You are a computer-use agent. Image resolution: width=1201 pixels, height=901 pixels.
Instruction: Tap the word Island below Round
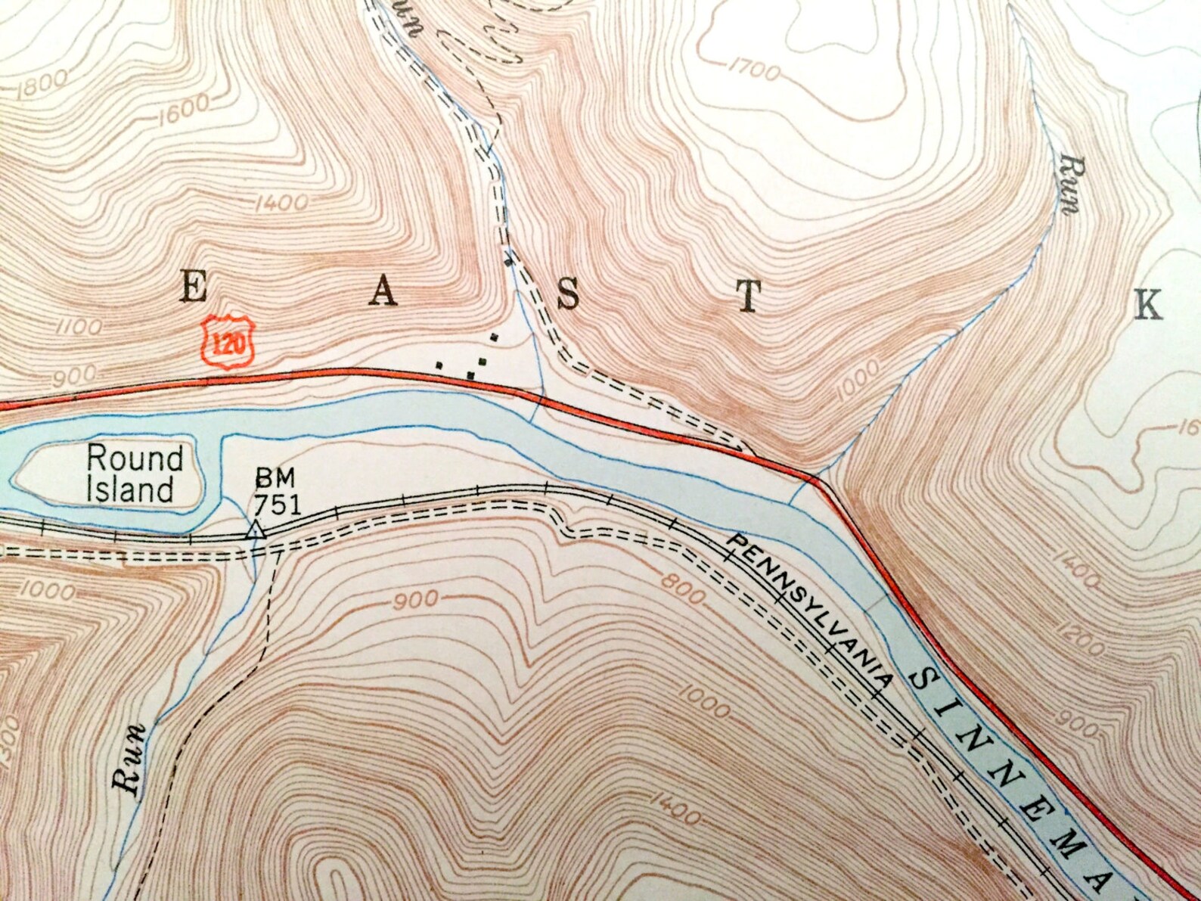pos(130,489)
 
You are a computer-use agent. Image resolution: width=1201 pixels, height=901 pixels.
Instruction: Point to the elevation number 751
pos(278,503)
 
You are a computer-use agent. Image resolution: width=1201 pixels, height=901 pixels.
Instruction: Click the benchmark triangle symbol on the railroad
pos(256,530)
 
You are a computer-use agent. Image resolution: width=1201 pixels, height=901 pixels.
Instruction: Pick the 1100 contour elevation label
pos(78,328)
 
